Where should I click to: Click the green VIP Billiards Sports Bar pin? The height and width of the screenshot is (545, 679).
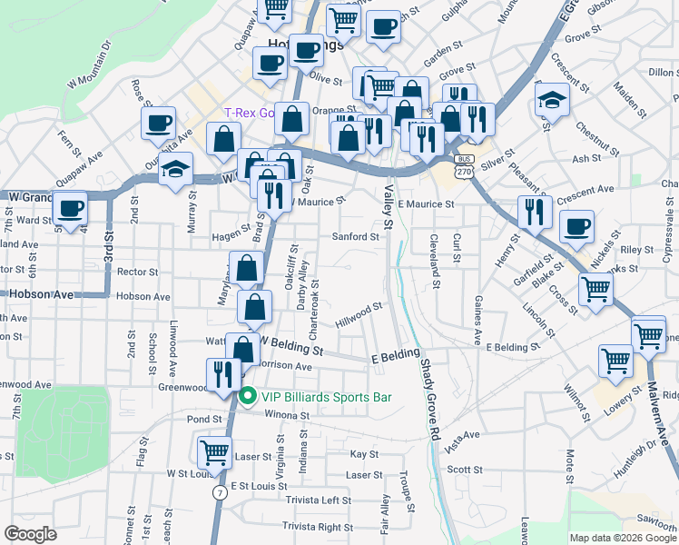pyautogui.click(x=247, y=397)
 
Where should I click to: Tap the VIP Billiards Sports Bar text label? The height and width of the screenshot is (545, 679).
pyautogui.click(x=327, y=397)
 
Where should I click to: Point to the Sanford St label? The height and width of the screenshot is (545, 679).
pyautogui.click(x=356, y=237)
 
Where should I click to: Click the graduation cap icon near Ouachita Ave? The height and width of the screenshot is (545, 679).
pyautogui.click(x=175, y=169)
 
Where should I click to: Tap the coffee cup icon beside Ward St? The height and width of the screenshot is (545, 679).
pyautogui.click(x=70, y=208)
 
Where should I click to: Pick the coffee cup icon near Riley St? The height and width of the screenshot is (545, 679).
pyautogui.click(x=576, y=227)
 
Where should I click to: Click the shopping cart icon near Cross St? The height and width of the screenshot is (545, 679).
pyautogui.click(x=595, y=290)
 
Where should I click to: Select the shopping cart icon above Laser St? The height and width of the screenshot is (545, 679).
pyautogui.click(x=214, y=451)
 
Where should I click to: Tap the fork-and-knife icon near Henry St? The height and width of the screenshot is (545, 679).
pyautogui.click(x=535, y=212)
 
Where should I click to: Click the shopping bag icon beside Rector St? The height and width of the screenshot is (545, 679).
pyautogui.click(x=246, y=268)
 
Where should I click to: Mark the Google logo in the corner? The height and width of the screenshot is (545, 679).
pyautogui.click(x=30, y=534)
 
